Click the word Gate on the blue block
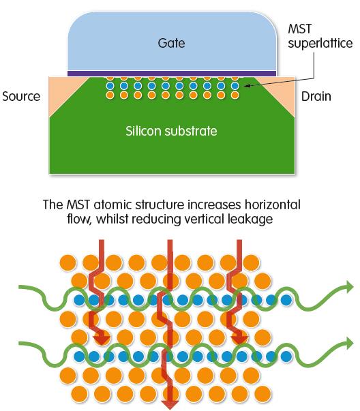pos(171,43)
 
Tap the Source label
pos(21,97)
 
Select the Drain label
pos(316,97)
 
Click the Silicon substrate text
pos(171,131)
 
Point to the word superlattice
pos(320,43)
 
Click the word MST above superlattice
pos(300,29)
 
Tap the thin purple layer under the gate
pos(172,74)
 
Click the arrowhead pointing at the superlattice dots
pos(246,85)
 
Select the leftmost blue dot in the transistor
pos(110,86)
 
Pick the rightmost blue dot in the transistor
pos(235,86)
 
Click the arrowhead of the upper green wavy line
pos(349,287)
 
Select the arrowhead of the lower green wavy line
pos(349,344)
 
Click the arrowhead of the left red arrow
pos(102,340)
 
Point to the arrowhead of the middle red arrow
pos(170,405)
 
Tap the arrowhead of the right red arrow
pos(239,340)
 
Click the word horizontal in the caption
pos(273,204)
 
